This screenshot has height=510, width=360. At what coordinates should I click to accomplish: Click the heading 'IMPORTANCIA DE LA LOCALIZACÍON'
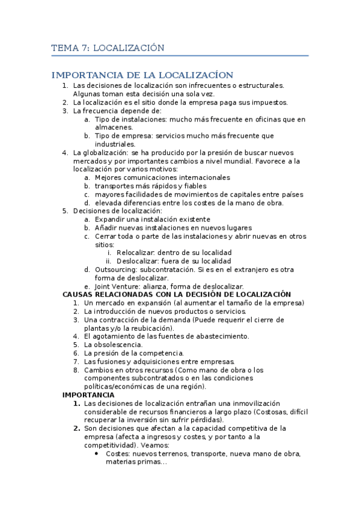point(142,75)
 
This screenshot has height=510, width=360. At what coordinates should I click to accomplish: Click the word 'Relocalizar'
point(135,253)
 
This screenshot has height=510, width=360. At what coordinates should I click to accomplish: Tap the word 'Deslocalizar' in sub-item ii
point(138,262)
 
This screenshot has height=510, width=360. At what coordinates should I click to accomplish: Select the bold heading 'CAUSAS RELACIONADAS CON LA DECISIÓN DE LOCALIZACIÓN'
point(177,294)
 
